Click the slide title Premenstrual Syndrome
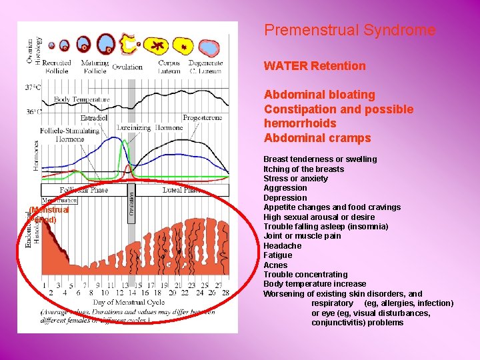pos(349,31)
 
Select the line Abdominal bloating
pos(319,95)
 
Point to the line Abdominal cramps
pos(317,138)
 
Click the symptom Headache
pos(283,246)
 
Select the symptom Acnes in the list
pos(276,265)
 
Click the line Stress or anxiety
pos(296,179)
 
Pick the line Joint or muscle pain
pos(302,236)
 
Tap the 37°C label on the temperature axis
pos(33,87)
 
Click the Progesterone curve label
pos(202,117)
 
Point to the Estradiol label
pos(94,117)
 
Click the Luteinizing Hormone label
pos(149,127)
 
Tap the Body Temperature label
pos(82,100)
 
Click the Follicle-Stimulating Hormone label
pos(69,135)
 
